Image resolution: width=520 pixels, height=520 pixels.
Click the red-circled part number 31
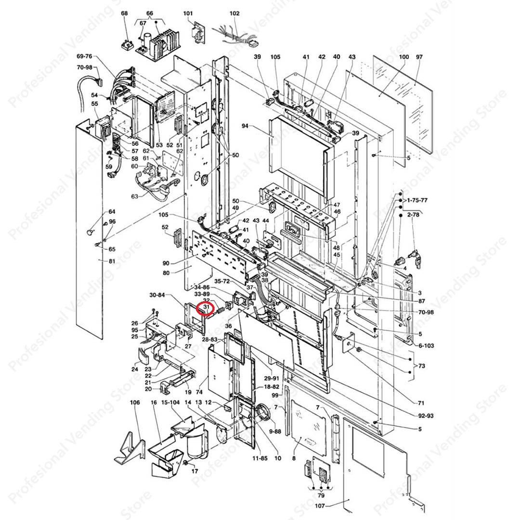206,306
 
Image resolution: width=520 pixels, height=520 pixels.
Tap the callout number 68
124,13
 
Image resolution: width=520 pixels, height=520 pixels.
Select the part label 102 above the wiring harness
234,13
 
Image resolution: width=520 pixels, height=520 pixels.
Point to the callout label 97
419,57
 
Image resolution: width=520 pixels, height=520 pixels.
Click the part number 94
245,126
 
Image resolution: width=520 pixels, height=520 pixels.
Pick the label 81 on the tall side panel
112,261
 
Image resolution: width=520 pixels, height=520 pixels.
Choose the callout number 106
135,403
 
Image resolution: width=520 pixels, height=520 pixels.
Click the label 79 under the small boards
321,495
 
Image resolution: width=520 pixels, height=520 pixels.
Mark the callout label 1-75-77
417,199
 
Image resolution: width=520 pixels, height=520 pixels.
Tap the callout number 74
199,392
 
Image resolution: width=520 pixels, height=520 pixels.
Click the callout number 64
112,212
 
